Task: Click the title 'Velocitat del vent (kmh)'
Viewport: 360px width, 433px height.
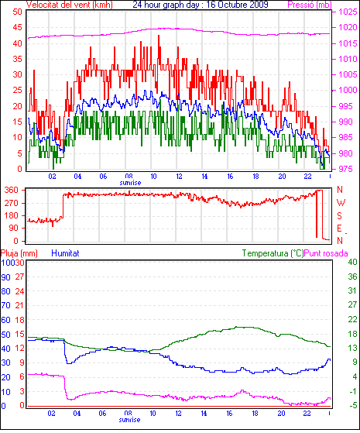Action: click(70, 5)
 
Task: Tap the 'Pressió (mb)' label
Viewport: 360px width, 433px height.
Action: click(310, 5)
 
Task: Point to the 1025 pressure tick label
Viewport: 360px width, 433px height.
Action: click(348, 12)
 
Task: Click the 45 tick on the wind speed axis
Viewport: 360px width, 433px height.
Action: click(17, 27)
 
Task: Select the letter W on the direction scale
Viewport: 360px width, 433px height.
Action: click(341, 203)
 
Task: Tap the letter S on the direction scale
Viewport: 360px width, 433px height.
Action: click(340, 215)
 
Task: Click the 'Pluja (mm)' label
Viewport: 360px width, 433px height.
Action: click(19, 253)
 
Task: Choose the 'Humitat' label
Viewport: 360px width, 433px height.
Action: click(66, 253)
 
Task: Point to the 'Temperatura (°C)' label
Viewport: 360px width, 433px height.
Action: click(273, 253)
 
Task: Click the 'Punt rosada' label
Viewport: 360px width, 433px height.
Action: click(326, 253)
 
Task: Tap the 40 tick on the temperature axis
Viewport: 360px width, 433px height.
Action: click(352, 262)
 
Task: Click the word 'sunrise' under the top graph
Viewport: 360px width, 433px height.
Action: click(130, 183)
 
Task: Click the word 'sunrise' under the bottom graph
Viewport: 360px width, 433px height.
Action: click(130, 420)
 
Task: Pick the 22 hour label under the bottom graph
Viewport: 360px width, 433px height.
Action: click(307, 414)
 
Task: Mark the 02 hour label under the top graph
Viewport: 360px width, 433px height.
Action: click(52, 176)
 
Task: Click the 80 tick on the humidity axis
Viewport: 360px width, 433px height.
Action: click(5, 291)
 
